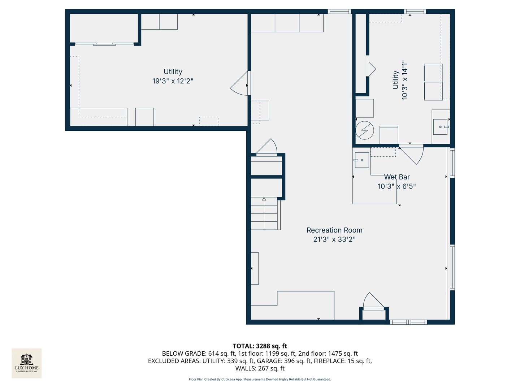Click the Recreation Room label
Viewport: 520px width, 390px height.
[334, 230]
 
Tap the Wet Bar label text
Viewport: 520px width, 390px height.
[397, 177]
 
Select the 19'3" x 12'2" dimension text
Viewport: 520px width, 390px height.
[173, 81]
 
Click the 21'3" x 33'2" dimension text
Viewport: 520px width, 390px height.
[334, 239]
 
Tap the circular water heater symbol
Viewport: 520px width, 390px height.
[365, 130]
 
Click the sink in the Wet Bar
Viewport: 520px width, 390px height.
[362, 160]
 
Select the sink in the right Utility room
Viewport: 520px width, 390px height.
[441, 127]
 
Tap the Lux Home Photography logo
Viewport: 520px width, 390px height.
[26, 363]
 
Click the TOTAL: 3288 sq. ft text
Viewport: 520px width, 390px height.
[260, 346]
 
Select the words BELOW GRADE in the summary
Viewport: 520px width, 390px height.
[184, 354]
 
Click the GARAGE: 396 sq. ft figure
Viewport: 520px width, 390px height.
[284, 361]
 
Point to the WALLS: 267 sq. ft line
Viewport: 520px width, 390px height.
[260, 368]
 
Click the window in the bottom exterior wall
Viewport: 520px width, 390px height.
[408, 322]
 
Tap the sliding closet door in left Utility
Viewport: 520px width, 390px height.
[104, 44]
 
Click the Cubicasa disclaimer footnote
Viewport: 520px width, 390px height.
[260, 379]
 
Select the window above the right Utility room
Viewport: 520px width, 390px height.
[415, 11]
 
